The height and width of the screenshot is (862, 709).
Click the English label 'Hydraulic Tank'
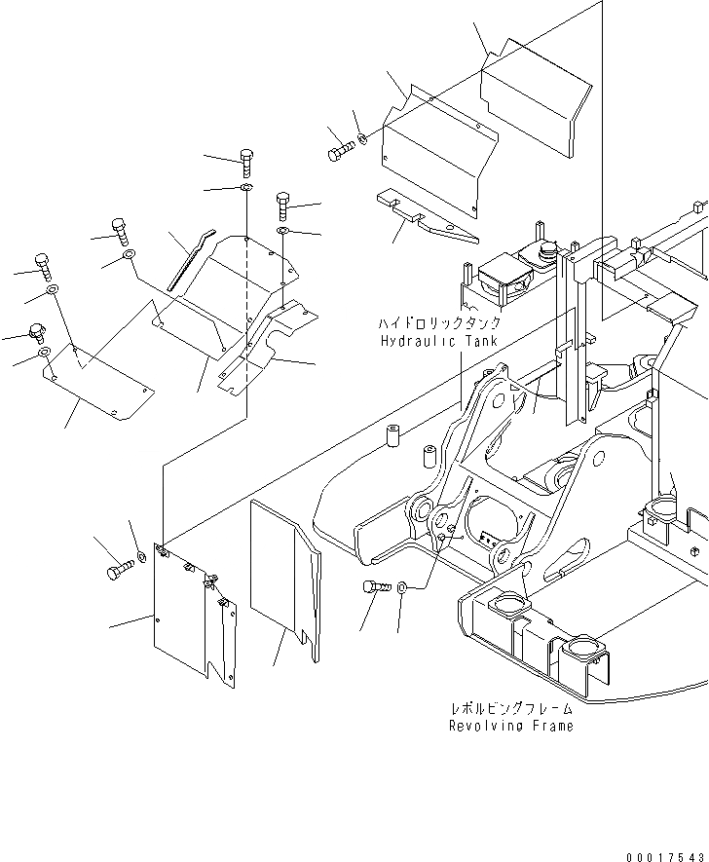pos(439,341)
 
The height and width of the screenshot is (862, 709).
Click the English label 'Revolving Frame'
pos(510,726)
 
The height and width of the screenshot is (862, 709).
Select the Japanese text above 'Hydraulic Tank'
pos(441,322)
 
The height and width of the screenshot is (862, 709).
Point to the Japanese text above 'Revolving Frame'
pos(510,708)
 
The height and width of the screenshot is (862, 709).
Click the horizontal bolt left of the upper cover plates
pos(340,152)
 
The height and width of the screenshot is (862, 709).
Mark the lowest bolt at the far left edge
pos(37,333)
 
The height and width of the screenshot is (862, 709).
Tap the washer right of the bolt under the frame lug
pos(404,587)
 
